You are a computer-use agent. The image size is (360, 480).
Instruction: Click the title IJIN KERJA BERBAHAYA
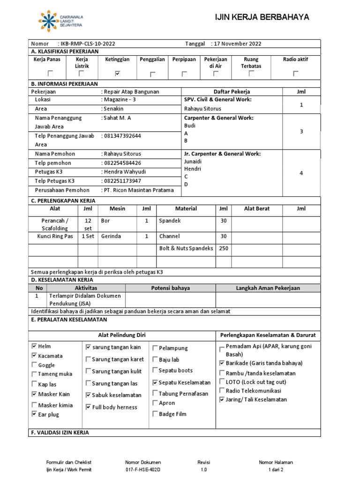point(262,17)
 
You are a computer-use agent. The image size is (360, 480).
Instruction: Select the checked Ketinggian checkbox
point(117,74)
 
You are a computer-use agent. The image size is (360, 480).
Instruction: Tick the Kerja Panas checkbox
point(50,74)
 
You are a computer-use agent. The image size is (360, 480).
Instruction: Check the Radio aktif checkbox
point(295,74)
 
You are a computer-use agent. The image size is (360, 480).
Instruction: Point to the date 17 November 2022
point(238,44)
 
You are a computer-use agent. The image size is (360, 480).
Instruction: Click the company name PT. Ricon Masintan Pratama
point(138,190)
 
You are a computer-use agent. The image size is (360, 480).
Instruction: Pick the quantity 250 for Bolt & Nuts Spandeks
point(224,248)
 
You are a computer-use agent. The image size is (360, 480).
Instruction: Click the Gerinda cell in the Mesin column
point(111,236)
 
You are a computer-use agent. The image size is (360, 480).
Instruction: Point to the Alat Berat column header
point(257,209)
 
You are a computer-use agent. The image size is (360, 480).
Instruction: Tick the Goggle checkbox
point(34,365)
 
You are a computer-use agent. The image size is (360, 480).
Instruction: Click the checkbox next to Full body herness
point(88,407)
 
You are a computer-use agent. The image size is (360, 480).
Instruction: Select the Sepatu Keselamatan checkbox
point(155,382)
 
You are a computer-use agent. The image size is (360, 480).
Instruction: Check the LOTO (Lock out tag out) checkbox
point(222,382)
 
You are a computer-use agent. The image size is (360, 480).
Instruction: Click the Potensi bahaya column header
point(170,288)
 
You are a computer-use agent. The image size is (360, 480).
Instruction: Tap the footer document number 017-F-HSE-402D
point(142,469)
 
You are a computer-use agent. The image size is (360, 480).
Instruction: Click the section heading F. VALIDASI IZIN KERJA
point(60,432)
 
